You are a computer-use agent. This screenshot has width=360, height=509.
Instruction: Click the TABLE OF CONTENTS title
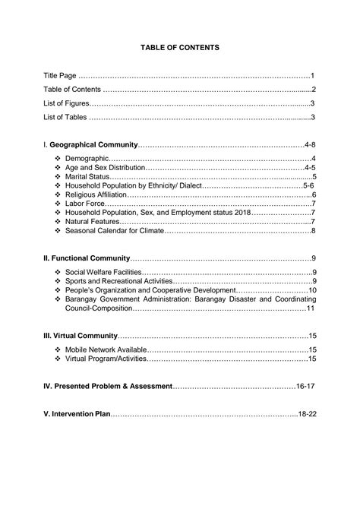(180, 47)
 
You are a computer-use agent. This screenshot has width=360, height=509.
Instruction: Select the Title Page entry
(60, 76)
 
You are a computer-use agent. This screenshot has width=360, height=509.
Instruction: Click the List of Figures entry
(66, 103)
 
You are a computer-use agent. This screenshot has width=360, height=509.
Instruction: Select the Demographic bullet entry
(87, 158)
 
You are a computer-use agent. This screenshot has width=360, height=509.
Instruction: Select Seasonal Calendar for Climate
(115, 231)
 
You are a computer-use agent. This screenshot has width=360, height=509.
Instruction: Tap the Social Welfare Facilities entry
(103, 272)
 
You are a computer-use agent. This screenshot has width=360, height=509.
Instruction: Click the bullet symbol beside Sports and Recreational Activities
(58, 281)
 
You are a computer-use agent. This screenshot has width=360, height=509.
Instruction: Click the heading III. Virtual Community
(81, 336)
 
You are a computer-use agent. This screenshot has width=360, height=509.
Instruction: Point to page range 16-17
(305, 386)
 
